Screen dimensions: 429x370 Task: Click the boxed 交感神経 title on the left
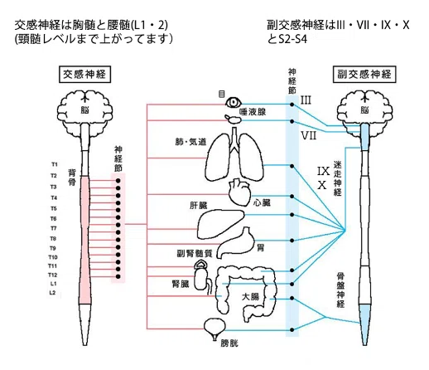click(84, 74)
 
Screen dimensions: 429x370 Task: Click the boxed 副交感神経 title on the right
click(364, 74)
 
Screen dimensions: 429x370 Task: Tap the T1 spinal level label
click(55, 164)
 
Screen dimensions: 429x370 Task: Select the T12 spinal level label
click(52, 275)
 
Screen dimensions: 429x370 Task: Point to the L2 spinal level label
click(53, 293)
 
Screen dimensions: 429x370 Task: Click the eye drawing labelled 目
click(234, 103)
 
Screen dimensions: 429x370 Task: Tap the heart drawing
click(239, 192)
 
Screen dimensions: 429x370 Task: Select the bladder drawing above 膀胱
click(214, 329)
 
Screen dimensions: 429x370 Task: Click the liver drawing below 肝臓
click(220, 223)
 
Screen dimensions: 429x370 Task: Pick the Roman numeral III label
click(306, 100)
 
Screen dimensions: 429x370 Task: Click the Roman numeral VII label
click(308, 136)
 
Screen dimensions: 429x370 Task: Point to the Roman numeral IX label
click(323, 171)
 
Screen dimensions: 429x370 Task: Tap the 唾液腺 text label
click(253, 112)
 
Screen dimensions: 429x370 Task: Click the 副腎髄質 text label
click(195, 253)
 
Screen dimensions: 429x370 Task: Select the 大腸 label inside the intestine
click(250, 297)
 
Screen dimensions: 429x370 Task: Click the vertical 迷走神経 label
click(338, 178)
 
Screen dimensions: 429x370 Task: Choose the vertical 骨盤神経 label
click(340, 290)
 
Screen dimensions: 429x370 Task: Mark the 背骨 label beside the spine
click(72, 178)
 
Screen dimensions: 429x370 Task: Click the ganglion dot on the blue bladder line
click(292, 329)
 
